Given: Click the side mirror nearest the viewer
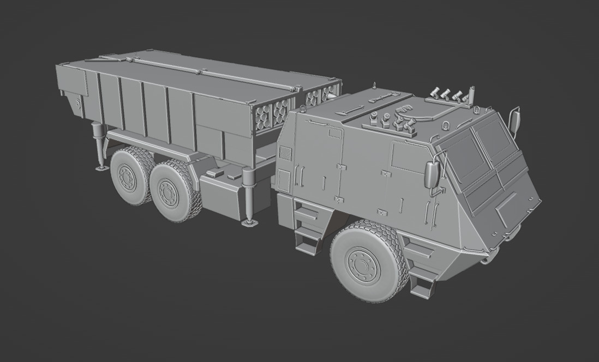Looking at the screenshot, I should (x=433, y=173).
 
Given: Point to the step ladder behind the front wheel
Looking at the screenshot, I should (x=307, y=229).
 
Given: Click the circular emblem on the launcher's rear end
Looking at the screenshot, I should (x=79, y=102).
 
